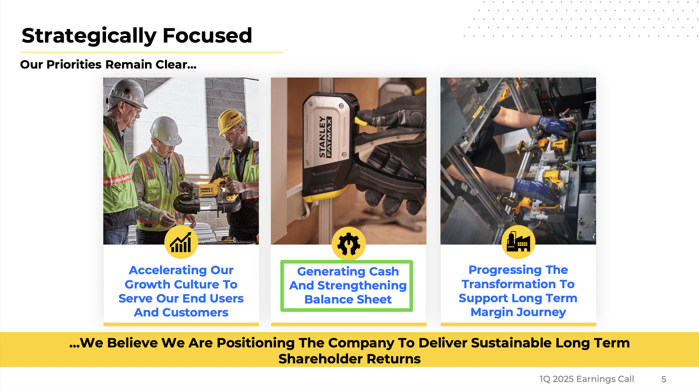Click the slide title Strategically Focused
point(137,36)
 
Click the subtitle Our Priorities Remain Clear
point(108,64)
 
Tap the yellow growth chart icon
point(181,242)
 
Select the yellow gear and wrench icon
point(349,244)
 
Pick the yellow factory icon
point(518,242)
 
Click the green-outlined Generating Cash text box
point(347,286)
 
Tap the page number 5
point(664,379)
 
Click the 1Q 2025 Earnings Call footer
point(587,379)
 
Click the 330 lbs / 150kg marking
point(323,190)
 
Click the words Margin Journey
point(518,312)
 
